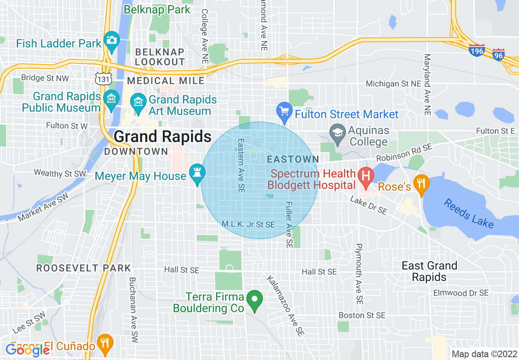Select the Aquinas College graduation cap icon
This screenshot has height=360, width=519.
coord(337,133)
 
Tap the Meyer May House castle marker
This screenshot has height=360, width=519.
coord(197,173)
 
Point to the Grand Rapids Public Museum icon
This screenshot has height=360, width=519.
coord(111,99)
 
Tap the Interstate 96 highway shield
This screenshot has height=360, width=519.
coord(498,54)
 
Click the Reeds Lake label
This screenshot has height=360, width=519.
coord(468,213)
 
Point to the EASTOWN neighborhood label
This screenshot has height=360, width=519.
coord(292,159)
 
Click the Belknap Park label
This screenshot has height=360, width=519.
coord(157,9)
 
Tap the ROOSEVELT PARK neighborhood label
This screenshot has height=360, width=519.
coord(83,268)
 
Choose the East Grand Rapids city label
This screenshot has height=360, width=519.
coord(429,271)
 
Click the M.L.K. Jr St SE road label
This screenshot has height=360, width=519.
coord(248,224)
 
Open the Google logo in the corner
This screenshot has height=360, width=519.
coord(27,350)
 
